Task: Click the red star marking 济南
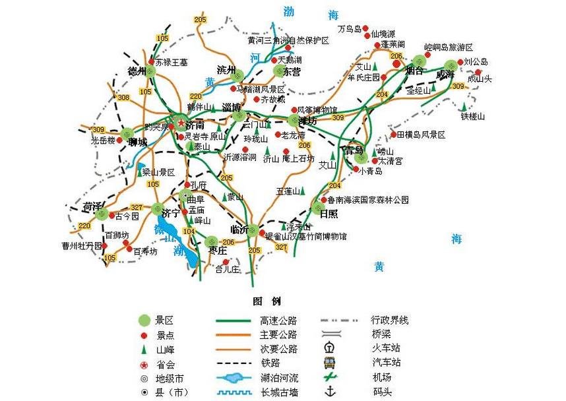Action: [181, 122]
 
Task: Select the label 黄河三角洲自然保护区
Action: [288, 40]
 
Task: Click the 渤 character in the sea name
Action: [288, 11]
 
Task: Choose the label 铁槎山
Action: [472, 117]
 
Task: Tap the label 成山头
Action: [480, 79]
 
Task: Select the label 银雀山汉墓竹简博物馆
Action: [305, 236]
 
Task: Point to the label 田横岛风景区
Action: [421, 135]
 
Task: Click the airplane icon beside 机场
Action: [330, 377]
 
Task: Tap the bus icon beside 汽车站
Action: [329, 362]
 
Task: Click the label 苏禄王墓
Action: [172, 63]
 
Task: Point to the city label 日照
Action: [328, 214]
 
